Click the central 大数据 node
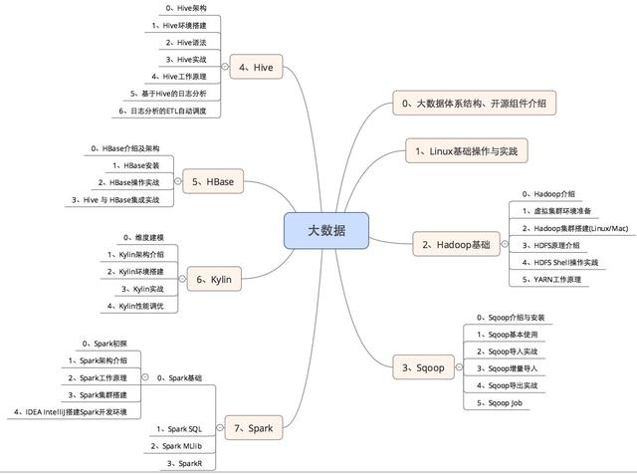point(326,230)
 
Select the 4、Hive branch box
point(256,67)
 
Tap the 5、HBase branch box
point(213,181)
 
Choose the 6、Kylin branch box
point(214,279)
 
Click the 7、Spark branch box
point(254,427)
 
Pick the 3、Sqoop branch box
point(423,367)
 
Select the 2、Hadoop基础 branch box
point(456,244)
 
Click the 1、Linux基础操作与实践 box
point(467,150)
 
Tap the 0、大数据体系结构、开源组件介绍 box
point(474,103)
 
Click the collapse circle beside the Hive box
point(225,67)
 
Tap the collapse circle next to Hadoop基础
point(505,244)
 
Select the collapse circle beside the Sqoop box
point(459,367)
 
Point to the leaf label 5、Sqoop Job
point(500,403)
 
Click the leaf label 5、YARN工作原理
point(551,279)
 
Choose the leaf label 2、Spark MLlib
point(176,446)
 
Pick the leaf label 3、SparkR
point(184,463)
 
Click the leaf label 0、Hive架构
point(186,8)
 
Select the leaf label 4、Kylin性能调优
point(135,306)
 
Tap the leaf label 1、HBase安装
point(136,165)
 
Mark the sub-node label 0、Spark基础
point(179,378)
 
